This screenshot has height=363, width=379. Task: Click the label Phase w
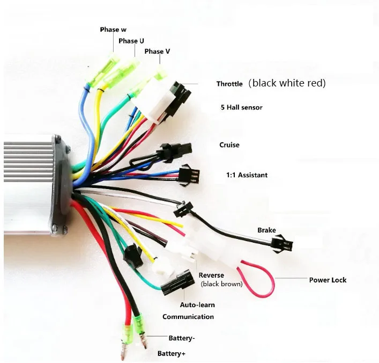coord(113,30)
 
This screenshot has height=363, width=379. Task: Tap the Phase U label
coord(131,41)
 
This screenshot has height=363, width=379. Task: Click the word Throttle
coord(229,84)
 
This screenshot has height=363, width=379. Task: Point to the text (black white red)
coord(287,83)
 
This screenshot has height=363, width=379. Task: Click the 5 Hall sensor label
coord(241,107)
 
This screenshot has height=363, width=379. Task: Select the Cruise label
coord(229,145)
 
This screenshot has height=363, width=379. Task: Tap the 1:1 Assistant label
coord(247,175)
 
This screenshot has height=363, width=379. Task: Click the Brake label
coord(266,230)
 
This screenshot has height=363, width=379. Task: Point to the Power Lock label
coord(328,280)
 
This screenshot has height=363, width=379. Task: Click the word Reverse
coord(211,275)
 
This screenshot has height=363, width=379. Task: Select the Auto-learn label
coord(197,305)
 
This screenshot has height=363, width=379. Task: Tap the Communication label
coord(188,317)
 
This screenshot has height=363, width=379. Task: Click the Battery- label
coord(182,338)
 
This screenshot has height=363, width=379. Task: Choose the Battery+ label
coord(171,354)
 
